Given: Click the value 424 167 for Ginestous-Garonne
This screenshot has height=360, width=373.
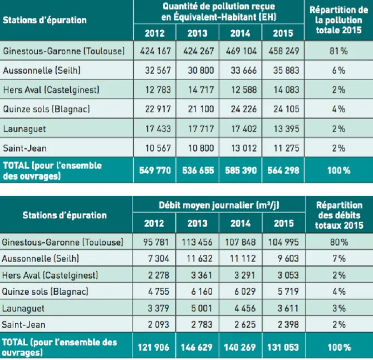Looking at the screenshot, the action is point(155,51).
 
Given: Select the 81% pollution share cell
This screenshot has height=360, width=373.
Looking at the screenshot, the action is point(338,51).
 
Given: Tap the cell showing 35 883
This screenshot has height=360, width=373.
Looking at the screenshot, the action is point(286,70).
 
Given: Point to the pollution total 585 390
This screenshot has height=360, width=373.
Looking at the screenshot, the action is point(241,170).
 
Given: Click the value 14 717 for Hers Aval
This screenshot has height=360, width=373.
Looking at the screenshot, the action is point(201,90).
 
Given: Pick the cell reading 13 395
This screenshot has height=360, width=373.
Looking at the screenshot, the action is point(286,129).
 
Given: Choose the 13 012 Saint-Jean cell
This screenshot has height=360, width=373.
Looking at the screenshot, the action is point(244,148).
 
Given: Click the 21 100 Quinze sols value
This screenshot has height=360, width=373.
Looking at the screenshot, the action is point(201,109).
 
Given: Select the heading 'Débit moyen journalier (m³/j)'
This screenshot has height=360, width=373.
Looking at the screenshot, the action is point(219,205).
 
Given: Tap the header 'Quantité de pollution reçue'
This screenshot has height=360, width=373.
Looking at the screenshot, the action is point(219,7).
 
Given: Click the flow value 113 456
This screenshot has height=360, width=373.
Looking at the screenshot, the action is point(197,242).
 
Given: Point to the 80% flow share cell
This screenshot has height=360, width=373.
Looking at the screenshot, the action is point(339,242).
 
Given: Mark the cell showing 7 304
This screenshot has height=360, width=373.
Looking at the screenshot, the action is point(159,259).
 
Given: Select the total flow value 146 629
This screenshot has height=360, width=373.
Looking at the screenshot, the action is point(197,347).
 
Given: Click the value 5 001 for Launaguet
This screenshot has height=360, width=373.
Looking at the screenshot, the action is point(201,308).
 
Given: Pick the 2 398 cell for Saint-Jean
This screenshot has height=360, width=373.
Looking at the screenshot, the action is point(288,324).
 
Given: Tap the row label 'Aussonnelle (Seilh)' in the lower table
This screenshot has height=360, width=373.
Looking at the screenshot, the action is point(40,259).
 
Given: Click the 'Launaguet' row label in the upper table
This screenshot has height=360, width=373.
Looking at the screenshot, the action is point(24,129).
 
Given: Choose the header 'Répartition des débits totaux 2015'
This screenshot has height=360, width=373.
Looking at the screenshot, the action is point(339,215).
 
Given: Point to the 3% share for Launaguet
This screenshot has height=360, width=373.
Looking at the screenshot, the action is point(339,308).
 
